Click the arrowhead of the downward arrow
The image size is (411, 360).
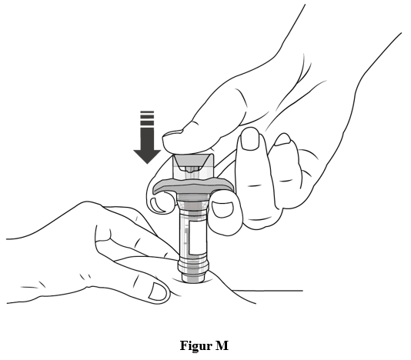(x=147, y=156)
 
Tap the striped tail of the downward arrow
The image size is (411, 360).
(x=147, y=118)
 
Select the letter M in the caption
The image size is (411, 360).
(x=222, y=345)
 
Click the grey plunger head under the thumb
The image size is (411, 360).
(x=193, y=160)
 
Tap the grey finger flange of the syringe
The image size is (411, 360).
(x=193, y=185)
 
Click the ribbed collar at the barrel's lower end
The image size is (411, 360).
(x=193, y=265)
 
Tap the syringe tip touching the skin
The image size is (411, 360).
(x=193, y=278)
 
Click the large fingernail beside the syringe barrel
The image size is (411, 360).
(x=222, y=209)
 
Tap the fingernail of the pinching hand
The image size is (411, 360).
(x=158, y=291)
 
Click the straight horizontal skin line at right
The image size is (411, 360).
(x=267, y=290)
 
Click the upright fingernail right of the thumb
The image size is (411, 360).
(x=249, y=139)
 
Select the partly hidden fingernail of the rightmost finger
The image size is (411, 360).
(x=282, y=140)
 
